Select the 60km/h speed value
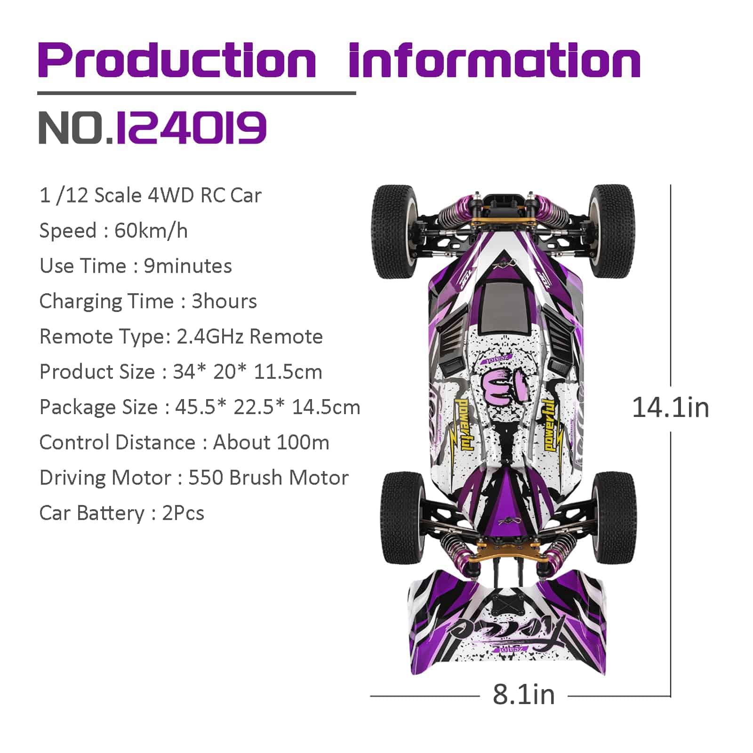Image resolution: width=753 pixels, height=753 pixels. pos(151,231)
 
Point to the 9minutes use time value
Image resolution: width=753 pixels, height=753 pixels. pos(188,266)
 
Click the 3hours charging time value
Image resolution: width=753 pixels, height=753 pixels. pos(224,301)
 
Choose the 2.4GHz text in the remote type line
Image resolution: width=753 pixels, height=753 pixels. pos(210,336)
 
